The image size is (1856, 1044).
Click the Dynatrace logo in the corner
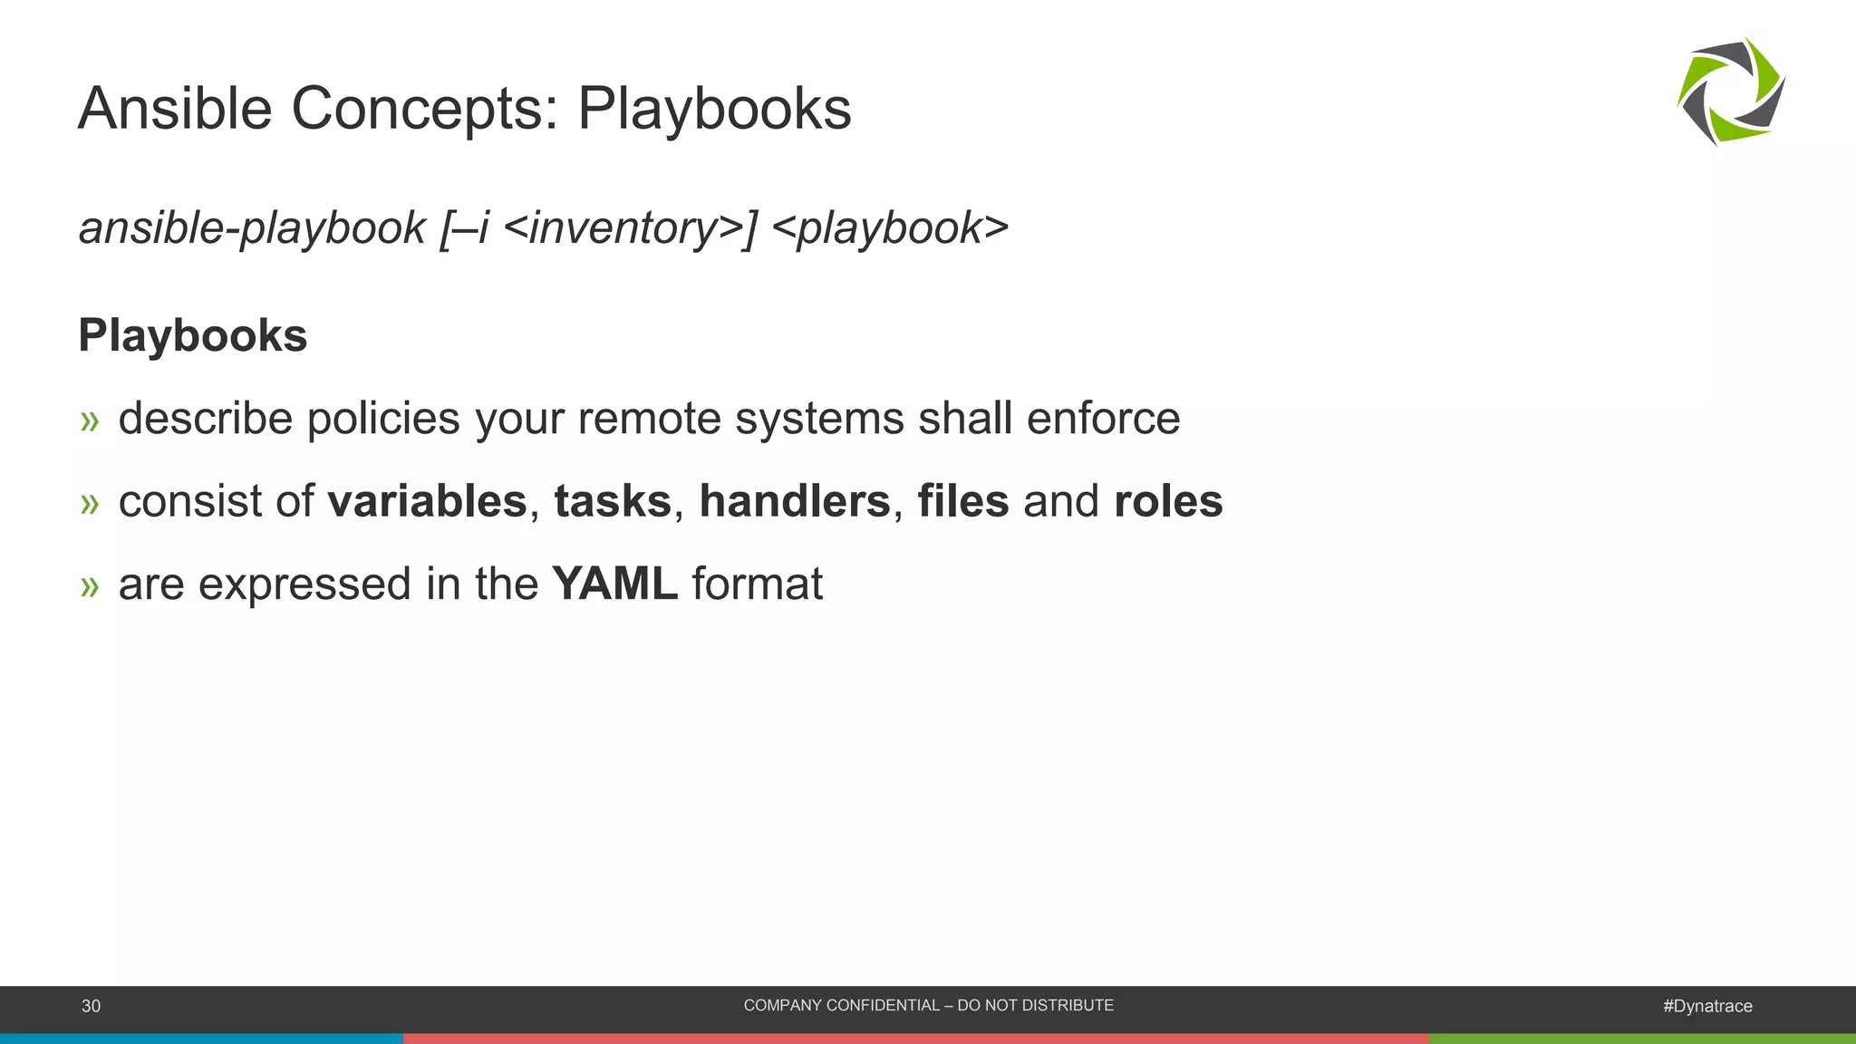1731,92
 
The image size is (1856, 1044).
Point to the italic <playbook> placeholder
890,228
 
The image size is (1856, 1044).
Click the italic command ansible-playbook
252,228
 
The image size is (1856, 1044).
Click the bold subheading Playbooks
193,335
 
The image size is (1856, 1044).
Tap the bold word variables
427,501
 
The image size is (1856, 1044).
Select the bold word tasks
613,501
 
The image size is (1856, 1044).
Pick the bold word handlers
795,501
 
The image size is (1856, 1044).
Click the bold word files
962,501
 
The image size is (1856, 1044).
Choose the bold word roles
1168,501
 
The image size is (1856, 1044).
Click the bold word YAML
614,584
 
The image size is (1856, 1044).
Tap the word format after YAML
758,584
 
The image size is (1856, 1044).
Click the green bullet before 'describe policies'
89,420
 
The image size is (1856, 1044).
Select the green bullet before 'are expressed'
89,586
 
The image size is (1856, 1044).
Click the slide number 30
92,1006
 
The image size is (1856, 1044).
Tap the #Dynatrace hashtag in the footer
1707,1006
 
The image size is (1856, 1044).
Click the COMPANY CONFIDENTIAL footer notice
928,1005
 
